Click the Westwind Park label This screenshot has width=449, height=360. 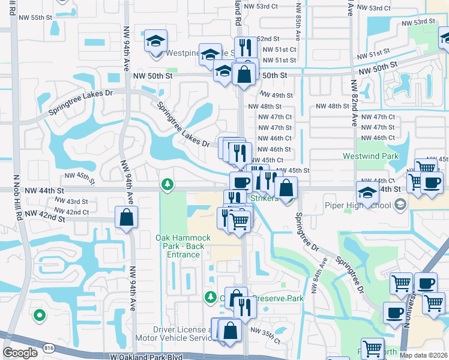point(370,156)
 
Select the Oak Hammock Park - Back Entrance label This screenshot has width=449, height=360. point(183,246)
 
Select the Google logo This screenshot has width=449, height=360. point(20,353)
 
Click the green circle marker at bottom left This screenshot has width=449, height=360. point(40,314)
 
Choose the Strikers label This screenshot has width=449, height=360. point(264,199)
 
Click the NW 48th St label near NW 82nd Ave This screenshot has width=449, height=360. point(332,106)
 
